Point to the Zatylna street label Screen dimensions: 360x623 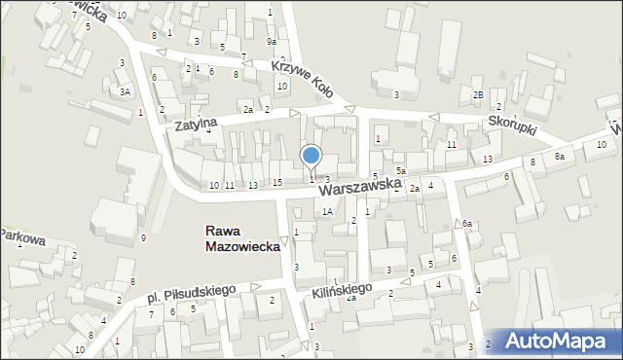pos(196,122)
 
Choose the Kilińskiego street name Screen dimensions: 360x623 pos(344,289)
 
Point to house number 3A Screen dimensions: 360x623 pos(125,91)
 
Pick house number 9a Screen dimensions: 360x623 pos(274,42)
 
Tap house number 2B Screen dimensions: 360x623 pos(478,93)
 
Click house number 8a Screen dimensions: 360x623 pos(559,156)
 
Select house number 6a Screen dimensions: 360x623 pos(467,224)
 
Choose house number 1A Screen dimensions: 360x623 pos(328,211)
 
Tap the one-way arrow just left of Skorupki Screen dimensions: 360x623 pos(434,119)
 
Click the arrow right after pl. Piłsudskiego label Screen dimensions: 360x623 pos(255,287)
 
